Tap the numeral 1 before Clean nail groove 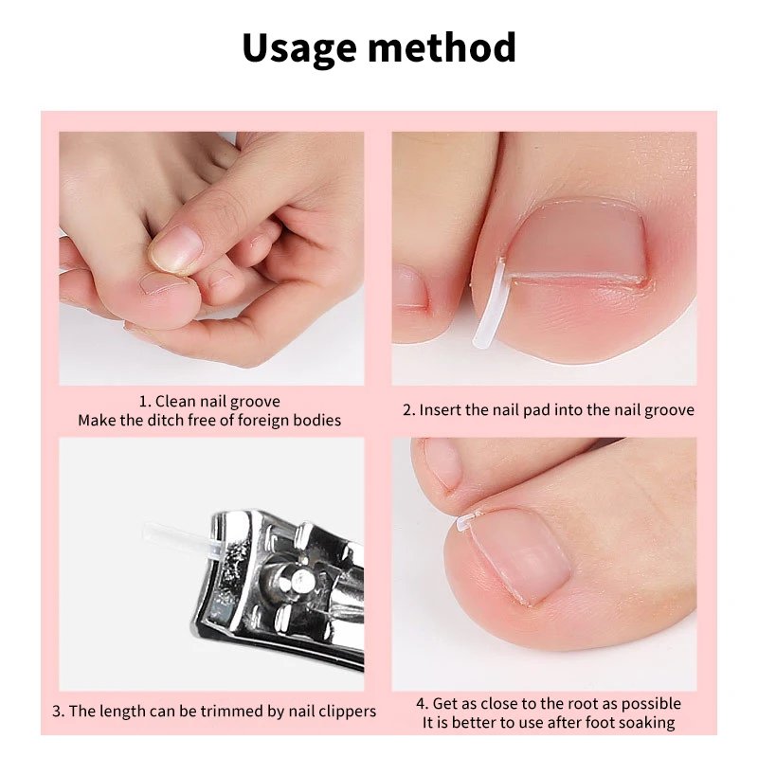click(x=144, y=401)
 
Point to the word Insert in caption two click(x=442, y=410)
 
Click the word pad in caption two click(x=539, y=410)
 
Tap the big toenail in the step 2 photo click(x=578, y=242)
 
